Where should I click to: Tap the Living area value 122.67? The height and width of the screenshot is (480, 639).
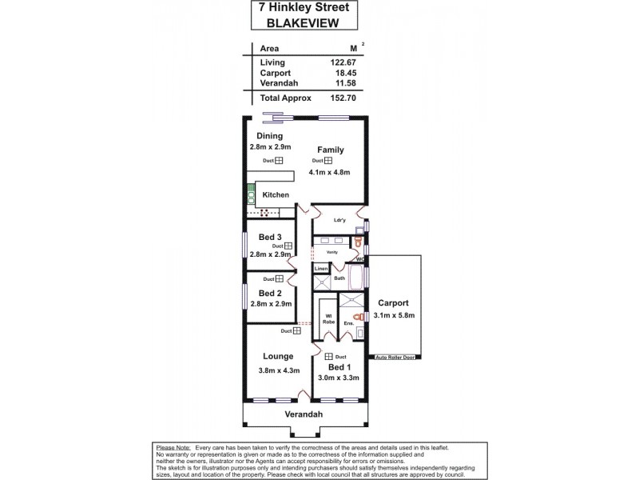(x=341, y=62)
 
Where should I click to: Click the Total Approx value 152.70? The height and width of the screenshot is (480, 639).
(x=341, y=98)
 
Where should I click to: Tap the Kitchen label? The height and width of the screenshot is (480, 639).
(x=276, y=194)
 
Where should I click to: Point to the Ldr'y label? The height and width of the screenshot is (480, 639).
(x=339, y=220)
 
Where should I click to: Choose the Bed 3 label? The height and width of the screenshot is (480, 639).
(x=270, y=237)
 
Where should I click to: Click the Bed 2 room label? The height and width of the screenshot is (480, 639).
(x=270, y=293)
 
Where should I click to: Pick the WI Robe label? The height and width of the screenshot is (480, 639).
(x=328, y=318)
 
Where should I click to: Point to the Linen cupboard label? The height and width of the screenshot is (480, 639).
(x=320, y=269)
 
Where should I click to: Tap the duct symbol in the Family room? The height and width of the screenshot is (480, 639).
(x=327, y=161)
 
